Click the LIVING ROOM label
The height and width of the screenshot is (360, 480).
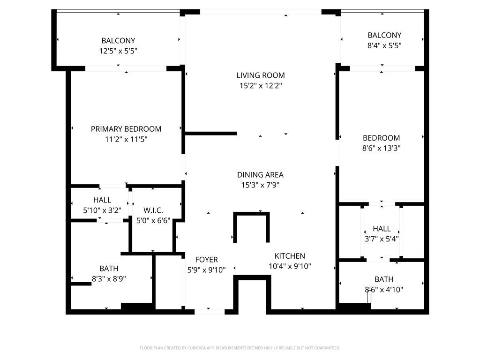(x=260, y=75)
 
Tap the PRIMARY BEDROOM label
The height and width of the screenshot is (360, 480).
(x=126, y=129)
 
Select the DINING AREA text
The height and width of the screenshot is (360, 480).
(x=260, y=175)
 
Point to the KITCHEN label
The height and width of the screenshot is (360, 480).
(x=290, y=256)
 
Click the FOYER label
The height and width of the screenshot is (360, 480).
(x=206, y=260)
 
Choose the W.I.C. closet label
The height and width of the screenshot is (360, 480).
(x=153, y=210)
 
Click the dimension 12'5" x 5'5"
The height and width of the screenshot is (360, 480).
(x=118, y=51)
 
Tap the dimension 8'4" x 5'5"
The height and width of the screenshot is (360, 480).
(x=384, y=45)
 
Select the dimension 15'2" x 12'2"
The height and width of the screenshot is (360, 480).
(x=260, y=86)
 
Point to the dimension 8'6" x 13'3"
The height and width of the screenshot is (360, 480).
(x=381, y=148)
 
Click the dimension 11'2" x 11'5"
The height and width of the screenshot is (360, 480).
(x=126, y=139)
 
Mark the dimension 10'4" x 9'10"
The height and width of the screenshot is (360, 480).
(x=290, y=266)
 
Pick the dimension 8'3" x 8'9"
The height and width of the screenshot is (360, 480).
(x=109, y=278)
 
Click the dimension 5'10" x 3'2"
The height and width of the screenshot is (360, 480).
(x=102, y=210)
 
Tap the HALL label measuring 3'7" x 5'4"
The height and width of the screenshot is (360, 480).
(x=382, y=229)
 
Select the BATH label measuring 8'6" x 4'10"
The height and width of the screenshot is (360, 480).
(x=384, y=279)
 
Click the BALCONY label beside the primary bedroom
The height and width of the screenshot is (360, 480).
(x=118, y=41)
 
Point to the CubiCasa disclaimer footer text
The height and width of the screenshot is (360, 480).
(x=240, y=348)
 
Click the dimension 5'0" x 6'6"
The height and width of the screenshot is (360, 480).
(x=153, y=220)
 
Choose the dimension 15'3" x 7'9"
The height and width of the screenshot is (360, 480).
(x=260, y=185)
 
